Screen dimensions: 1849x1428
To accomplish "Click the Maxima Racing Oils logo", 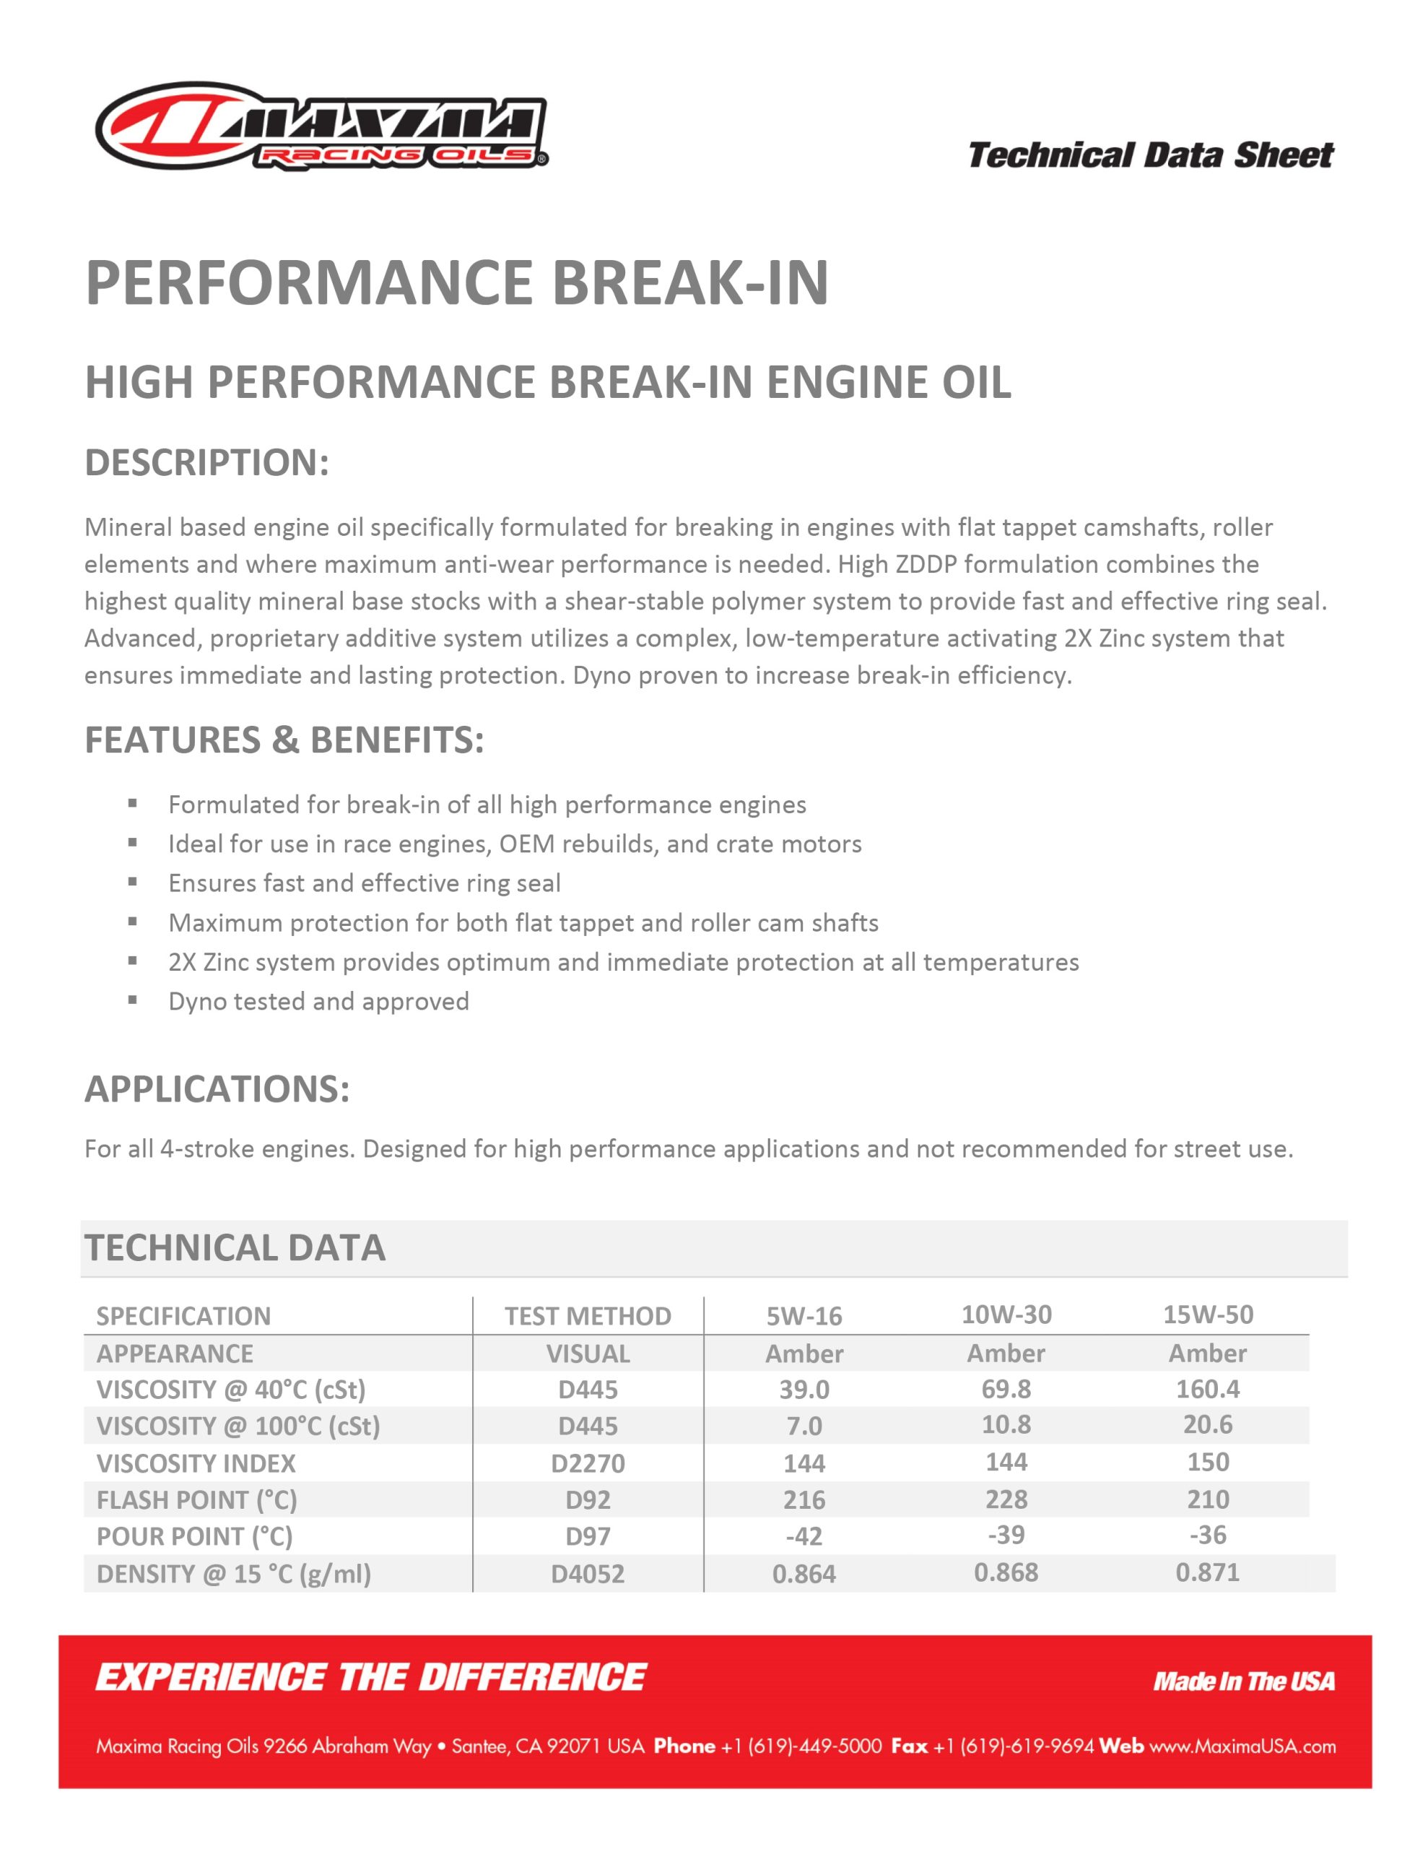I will click(x=322, y=126).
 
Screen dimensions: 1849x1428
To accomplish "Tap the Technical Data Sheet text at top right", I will click(x=1150, y=156).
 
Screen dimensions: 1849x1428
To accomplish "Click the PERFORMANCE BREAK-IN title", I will click(x=457, y=283).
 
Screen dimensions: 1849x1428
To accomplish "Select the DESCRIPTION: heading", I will click(x=206, y=462).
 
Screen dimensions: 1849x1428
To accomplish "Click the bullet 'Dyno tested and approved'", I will click(x=318, y=1002).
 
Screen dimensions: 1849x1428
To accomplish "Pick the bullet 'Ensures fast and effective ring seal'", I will click(x=364, y=883).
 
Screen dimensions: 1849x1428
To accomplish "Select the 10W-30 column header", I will click(x=1006, y=1315).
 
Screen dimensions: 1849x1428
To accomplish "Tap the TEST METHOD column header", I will click(x=588, y=1317).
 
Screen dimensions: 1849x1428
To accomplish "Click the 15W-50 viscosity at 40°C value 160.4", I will click(x=1207, y=1390).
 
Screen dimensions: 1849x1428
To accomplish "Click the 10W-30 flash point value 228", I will click(x=1006, y=1499).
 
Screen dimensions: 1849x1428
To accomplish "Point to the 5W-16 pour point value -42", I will click(x=804, y=1536).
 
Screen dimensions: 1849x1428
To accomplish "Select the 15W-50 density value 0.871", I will click(x=1207, y=1572).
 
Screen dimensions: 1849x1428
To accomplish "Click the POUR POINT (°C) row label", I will click(x=195, y=1536).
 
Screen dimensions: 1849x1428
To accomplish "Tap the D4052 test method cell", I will click(x=588, y=1574).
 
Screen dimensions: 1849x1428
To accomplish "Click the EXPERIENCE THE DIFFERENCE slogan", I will click(x=371, y=1677).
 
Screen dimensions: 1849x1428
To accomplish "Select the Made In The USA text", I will click(x=1243, y=1681).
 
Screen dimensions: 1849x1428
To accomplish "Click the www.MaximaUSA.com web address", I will click(x=1242, y=1746).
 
